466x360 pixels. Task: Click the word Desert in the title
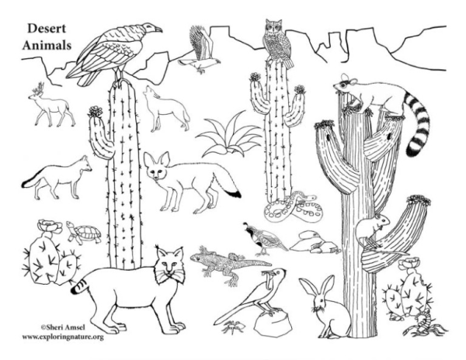tap(47, 29)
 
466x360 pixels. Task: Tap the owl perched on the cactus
tap(278, 43)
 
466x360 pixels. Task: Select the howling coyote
tap(166, 109)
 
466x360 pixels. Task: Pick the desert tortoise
tap(83, 232)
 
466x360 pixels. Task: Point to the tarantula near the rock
tap(234, 327)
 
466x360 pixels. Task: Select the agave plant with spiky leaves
tap(228, 136)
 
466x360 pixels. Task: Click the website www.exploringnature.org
tap(63, 337)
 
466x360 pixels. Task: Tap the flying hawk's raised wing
tap(200, 42)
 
